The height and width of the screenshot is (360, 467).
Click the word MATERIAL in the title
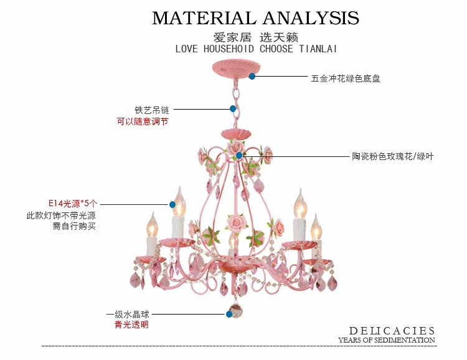point(202,18)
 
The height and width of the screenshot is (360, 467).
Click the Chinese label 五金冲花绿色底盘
point(346,78)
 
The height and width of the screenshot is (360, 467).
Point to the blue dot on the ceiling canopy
point(252,76)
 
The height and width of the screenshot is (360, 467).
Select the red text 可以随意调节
point(143,122)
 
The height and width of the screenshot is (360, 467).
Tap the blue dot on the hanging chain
point(233,108)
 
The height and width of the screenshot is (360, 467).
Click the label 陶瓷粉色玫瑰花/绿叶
point(392,156)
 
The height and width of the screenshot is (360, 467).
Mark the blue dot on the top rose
point(239,155)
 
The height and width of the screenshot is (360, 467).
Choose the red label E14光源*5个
point(73,204)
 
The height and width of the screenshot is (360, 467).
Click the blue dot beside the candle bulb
point(172,204)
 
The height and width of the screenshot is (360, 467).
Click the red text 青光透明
point(131,324)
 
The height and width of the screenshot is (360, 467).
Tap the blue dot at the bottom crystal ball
point(229,315)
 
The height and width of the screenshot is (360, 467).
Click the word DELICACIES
point(392,331)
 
